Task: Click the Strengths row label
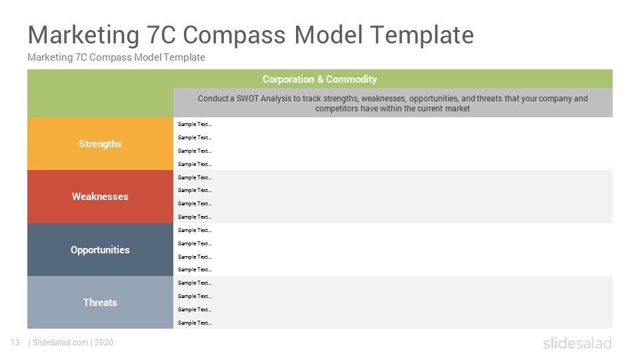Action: [x=100, y=144]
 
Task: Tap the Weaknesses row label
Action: [x=100, y=196]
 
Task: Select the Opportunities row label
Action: [x=100, y=250]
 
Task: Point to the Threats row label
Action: [x=100, y=303]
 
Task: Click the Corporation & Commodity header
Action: [x=319, y=79]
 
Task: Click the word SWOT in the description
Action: [x=247, y=99]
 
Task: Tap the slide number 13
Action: [x=15, y=343]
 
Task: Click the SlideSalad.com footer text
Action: [x=61, y=343]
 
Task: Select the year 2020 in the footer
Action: [x=104, y=343]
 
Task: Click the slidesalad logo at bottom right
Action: [x=577, y=343]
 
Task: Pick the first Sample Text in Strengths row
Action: [x=195, y=124]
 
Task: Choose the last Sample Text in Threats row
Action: [x=195, y=323]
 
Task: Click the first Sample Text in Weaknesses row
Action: [x=195, y=177]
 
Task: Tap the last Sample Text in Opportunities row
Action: [x=195, y=269]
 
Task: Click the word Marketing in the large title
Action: [x=84, y=35]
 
